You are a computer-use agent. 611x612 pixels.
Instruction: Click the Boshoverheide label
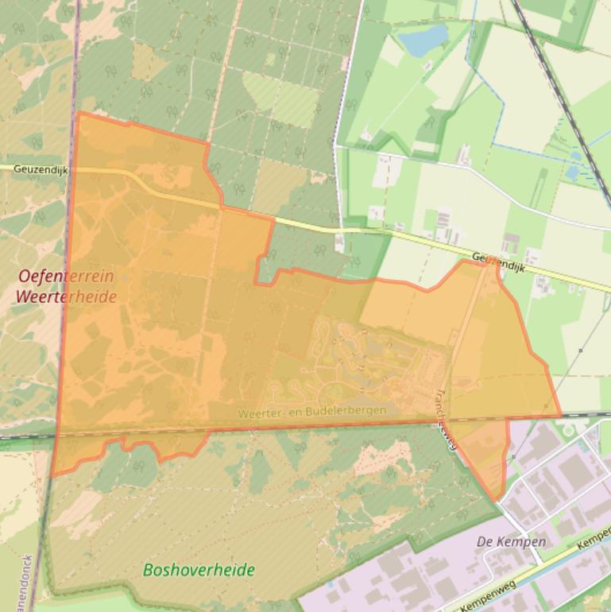click(x=199, y=570)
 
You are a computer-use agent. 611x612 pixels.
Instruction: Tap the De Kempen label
click(x=511, y=542)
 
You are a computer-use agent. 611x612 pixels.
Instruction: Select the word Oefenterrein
click(x=66, y=277)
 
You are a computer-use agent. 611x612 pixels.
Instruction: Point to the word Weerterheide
click(x=66, y=297)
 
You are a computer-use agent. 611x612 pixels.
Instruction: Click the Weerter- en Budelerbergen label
click(x=311, y=411)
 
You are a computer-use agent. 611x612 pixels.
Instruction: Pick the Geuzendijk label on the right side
click(x=500, y=261)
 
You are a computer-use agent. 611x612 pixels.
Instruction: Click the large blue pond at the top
click(x=422, y=38)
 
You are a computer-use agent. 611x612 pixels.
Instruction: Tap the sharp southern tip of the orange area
click(x=497, y=500)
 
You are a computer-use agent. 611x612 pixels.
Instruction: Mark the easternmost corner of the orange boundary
click(x=560, y=415)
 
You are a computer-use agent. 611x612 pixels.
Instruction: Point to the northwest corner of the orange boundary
click(x=78, y=113)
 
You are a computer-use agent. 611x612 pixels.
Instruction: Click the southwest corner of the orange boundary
click(x=52, y=476)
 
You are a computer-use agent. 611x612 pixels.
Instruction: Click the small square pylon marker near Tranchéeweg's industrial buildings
click(x=513, y=457)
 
